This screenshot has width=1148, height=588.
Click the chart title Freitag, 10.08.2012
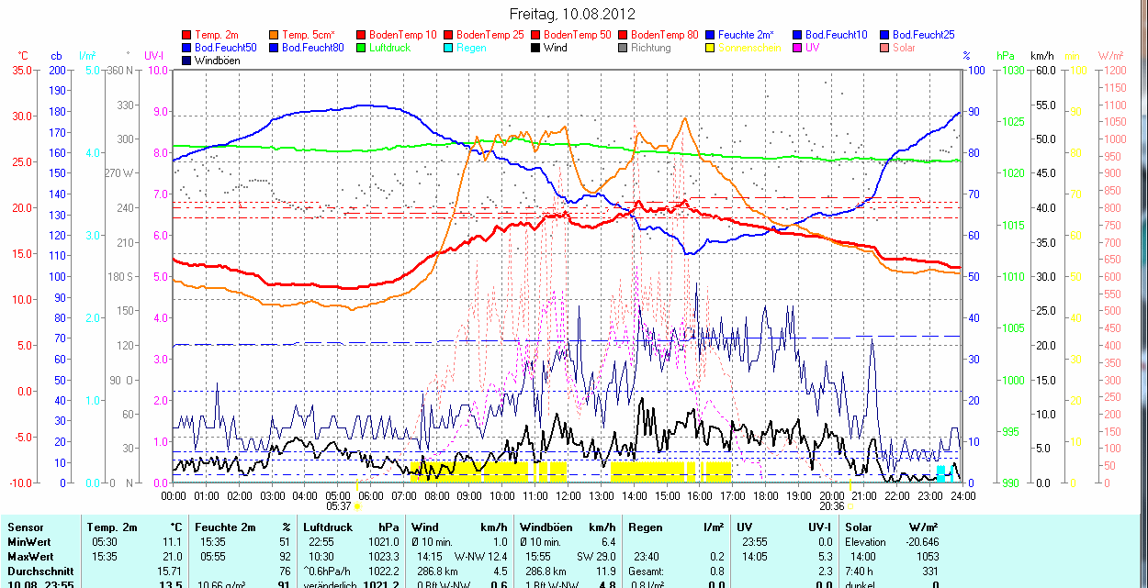point(572,14)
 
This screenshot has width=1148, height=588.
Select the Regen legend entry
point(470,47)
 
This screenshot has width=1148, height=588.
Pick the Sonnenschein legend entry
point(749,47)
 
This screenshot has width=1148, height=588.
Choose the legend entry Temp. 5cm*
point(309,34)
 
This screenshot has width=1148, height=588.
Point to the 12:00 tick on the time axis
point(568,495)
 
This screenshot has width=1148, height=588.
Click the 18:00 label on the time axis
point(765,495)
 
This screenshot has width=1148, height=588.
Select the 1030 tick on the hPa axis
point(1013,70)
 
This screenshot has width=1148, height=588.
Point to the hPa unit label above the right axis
point(1006,56)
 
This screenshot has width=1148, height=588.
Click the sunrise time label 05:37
point(339,505)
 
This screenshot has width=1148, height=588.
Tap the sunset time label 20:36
point(832,505)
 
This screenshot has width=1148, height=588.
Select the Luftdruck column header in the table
point(327,527)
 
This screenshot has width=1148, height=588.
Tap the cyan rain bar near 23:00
point(940,473)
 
